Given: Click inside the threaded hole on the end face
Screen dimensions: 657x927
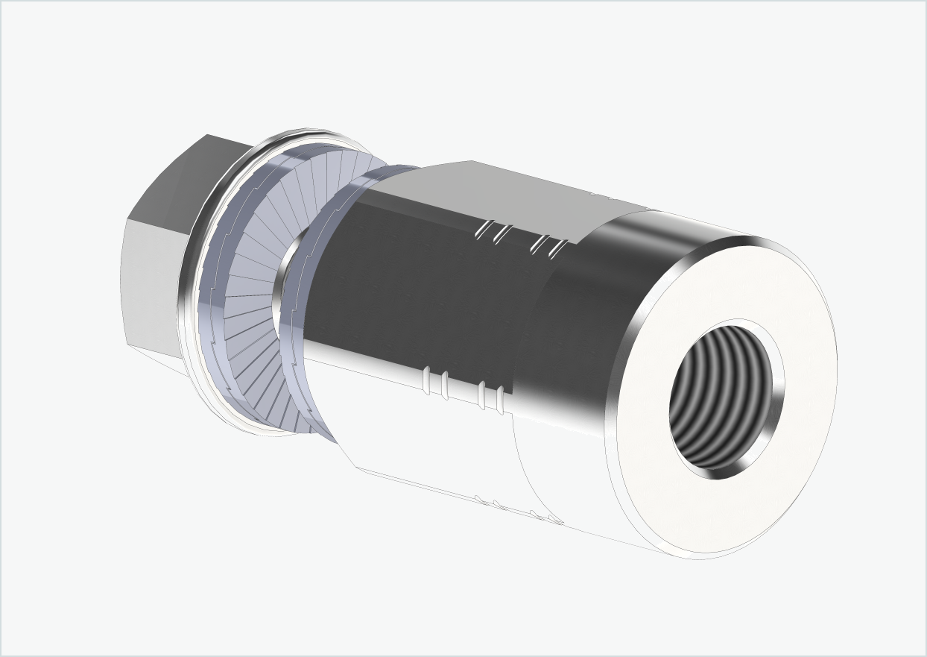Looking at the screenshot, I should (x=715, y=399).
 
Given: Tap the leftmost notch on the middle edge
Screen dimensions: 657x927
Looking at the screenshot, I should (x=427, y=380).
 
